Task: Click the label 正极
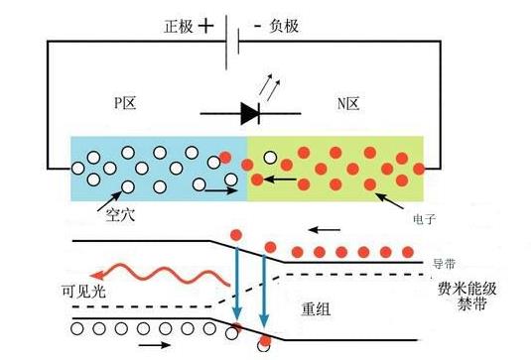(x=175, y=28)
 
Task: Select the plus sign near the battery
(x=205, y=28)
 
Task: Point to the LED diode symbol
(x=249, y=114)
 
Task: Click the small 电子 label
(x=423, y=212)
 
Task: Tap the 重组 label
(x=316, y=308)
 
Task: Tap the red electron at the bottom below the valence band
(x=263, y=344)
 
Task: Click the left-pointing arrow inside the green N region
(x=281, y=180)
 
